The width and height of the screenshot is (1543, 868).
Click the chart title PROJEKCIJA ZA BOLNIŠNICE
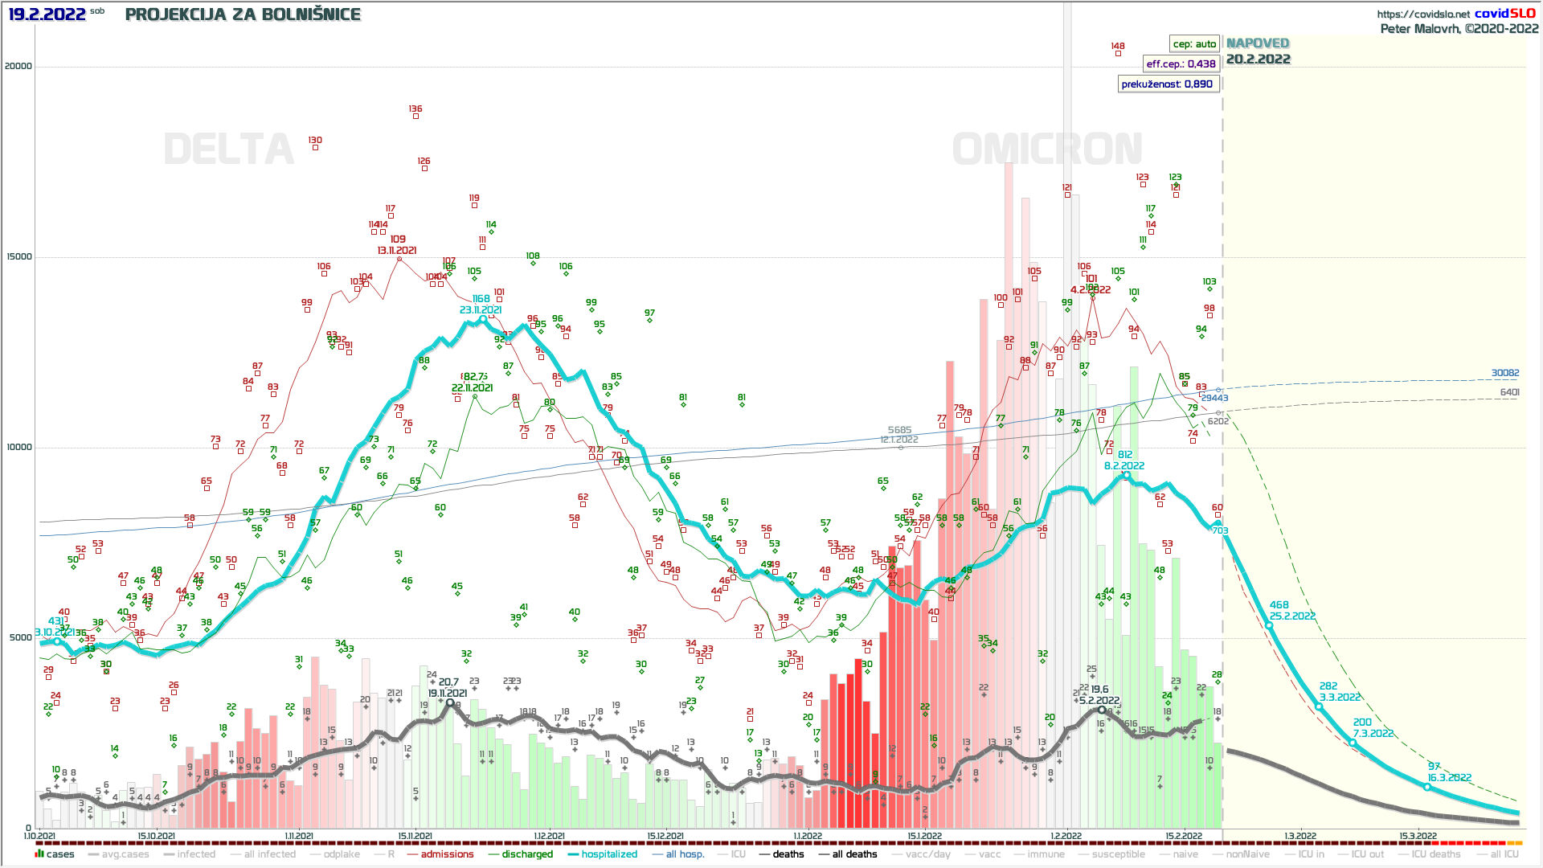[243, 14]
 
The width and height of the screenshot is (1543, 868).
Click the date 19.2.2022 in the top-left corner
[47, 14]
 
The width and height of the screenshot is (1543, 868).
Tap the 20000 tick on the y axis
[18, 66]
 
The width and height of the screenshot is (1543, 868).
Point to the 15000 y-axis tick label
[18, 256]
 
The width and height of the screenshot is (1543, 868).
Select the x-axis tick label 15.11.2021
[415, 836]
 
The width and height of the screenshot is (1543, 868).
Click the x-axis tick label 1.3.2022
[1300, 836]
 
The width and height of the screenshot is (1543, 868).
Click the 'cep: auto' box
[1194, 44]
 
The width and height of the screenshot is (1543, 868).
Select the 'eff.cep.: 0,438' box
[1181, 64]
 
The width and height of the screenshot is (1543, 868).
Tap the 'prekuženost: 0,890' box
[1167, 84]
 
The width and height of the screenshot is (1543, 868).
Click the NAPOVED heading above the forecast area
[1258, 43]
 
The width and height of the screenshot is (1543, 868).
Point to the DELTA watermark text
[229, 149]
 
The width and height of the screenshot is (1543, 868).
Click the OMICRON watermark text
[1047, 149]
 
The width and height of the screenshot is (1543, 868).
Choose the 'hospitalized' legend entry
[609, 854]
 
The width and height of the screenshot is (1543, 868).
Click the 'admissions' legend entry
[447, 854]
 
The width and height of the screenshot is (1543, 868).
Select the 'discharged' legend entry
[527, 854]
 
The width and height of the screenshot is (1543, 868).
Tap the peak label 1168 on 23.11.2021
[481, 299]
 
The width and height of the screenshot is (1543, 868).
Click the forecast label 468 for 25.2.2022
[1279, 605]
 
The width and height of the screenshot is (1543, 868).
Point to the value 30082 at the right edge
[1505, 373]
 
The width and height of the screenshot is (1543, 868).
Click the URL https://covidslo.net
[1423, 14]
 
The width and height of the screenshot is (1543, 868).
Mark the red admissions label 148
[1118, 47]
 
